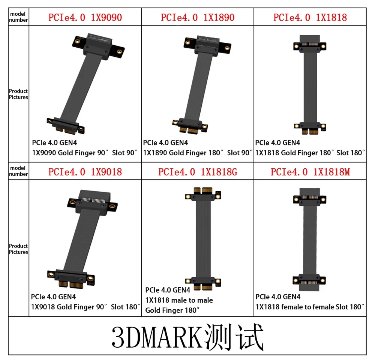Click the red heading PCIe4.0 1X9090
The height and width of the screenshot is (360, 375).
pyautogui.click(x=85, y=18)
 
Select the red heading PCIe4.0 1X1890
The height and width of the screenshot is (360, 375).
pyautogui.click(x=198, y=18)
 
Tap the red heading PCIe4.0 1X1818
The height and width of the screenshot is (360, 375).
pyautogui.click(x=310, y=18)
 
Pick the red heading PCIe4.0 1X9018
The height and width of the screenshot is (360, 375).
pyautogui.click(x=85, y=172)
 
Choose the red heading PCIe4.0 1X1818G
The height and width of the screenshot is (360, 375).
pyautogui.click(x=198, y=172)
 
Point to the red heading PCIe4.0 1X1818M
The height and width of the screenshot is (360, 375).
pyautogui.click(x=310, y=172)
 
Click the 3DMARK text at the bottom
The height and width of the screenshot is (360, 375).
pyautogui.click(x=158, y=337)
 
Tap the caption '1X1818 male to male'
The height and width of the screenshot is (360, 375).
pyautogui.click(x=179, y=300)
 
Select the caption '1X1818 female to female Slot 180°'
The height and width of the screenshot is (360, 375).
pyautogui.click(x=310, y=307)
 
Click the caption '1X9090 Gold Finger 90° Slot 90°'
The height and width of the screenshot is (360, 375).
pyautogui.click(x=85, y=153)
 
